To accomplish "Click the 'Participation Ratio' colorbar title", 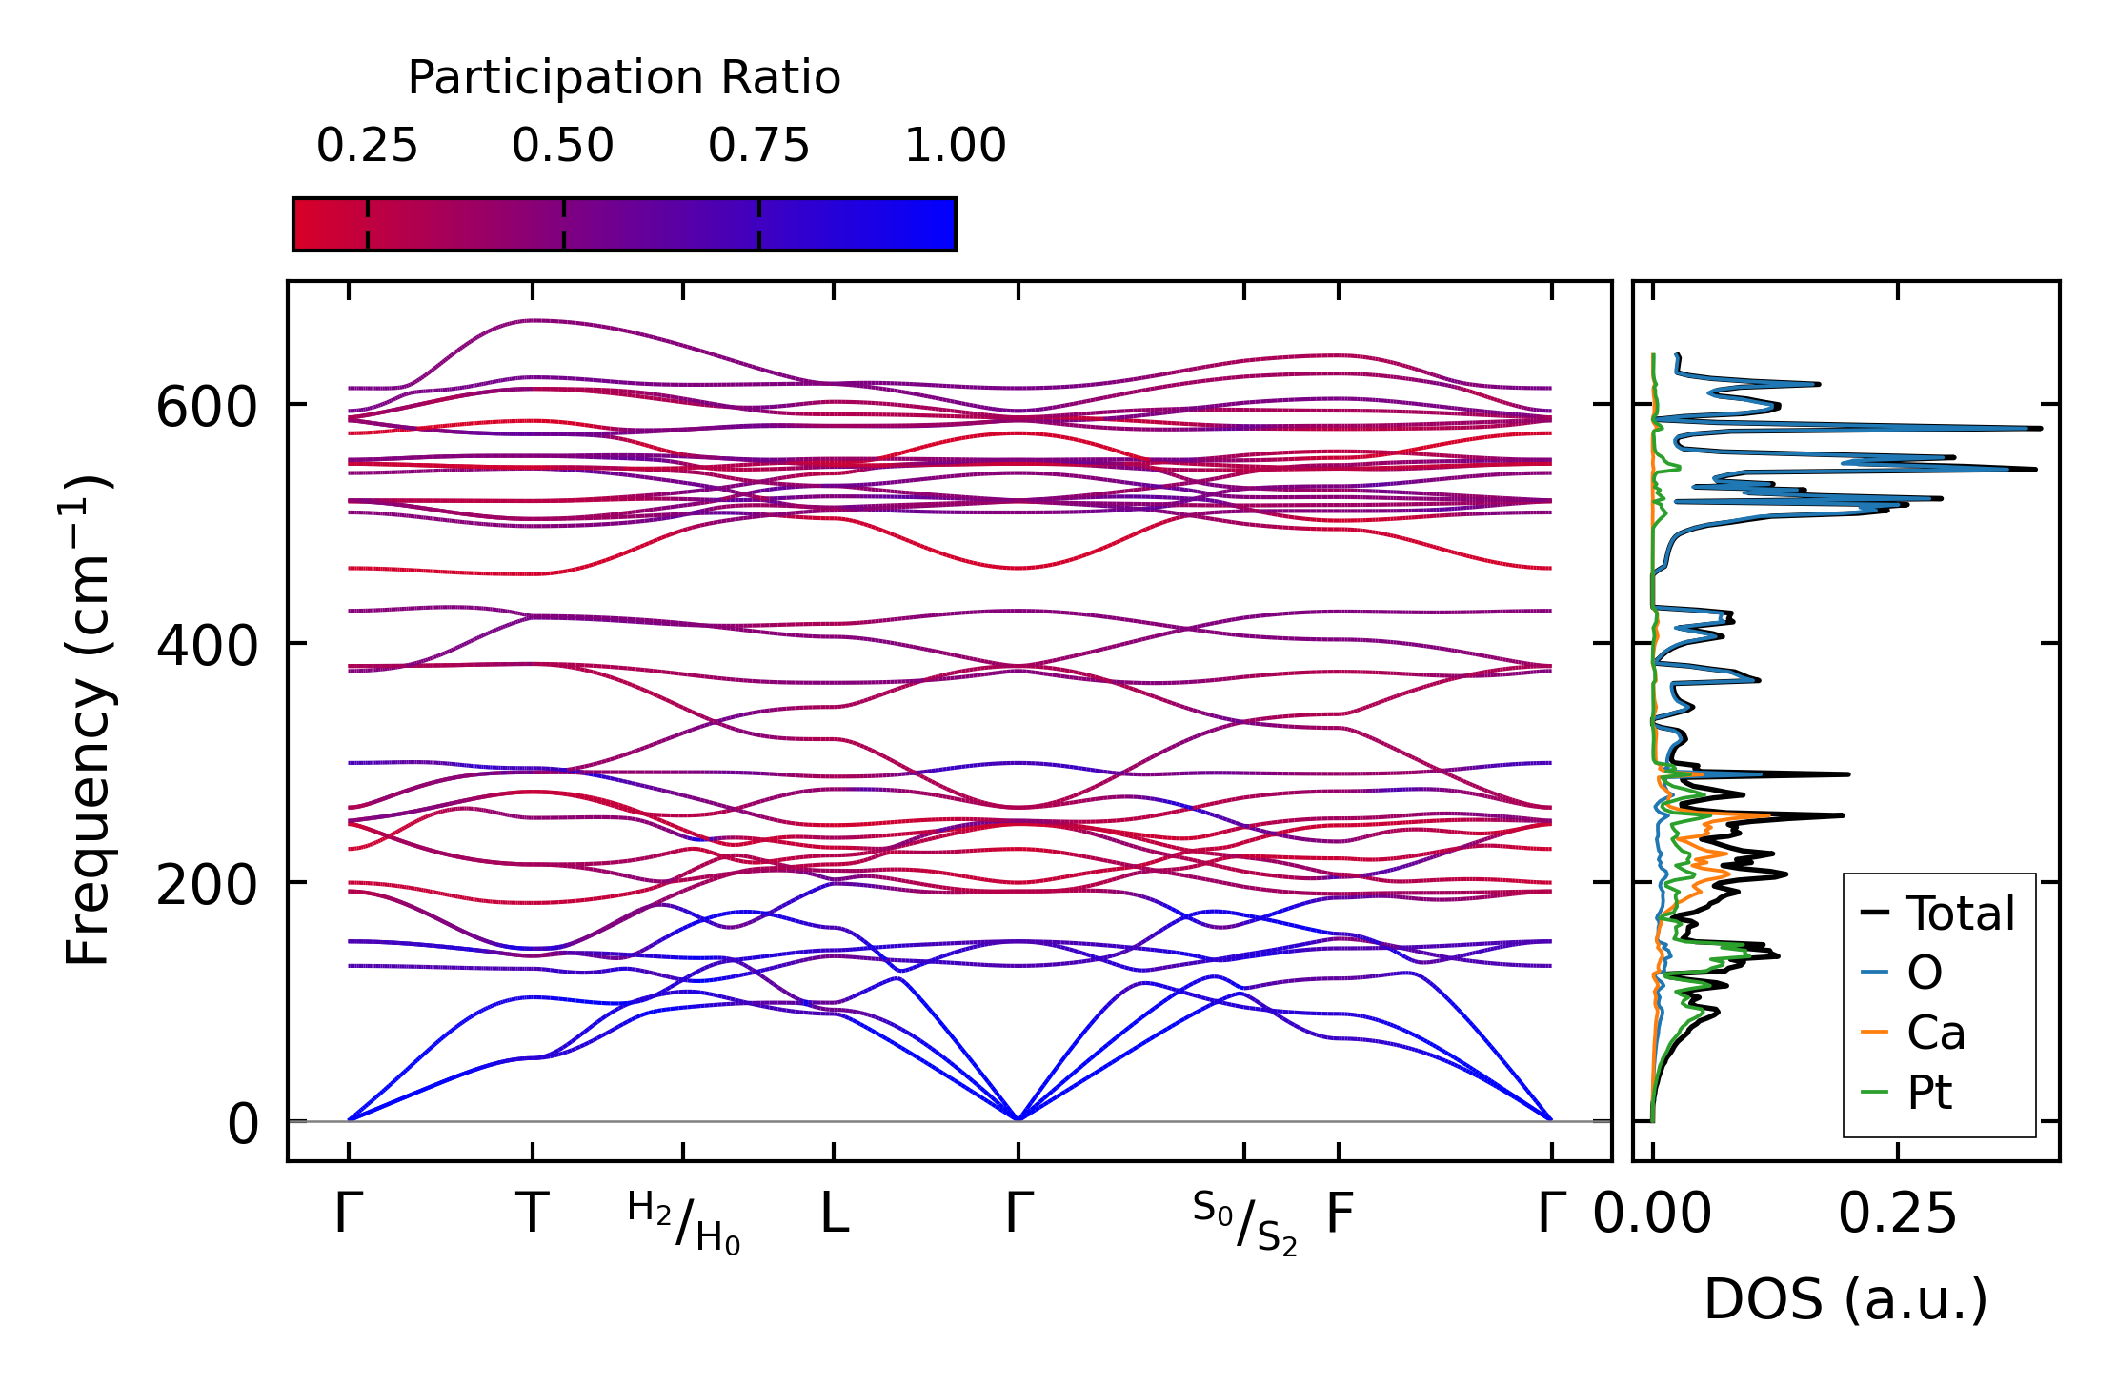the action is coord(624,78).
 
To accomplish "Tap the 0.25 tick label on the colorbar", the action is coord(367,146).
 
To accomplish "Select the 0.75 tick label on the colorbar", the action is coord(758,146).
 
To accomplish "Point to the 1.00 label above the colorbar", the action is coord(955,146).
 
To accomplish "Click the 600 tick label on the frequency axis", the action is coord(207,408).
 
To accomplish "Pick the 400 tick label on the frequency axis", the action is coord(207,647).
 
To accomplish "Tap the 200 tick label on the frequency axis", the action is coord(207,886).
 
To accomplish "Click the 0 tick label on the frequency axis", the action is coord(242,1125).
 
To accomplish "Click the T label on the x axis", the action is coord(532,1214).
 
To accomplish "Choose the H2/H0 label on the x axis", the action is coord(683,1223).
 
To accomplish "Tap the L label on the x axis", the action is coord(835,1214).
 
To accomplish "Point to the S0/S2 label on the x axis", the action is coord(1244,1223).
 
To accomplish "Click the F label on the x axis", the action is coord(1340,1214).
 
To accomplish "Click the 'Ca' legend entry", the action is coord(1912,1033).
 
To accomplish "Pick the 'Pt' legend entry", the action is coord(1905,1093).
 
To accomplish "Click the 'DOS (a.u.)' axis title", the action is coord(1845,1299).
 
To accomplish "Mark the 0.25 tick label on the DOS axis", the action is coord(1897,1214).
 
